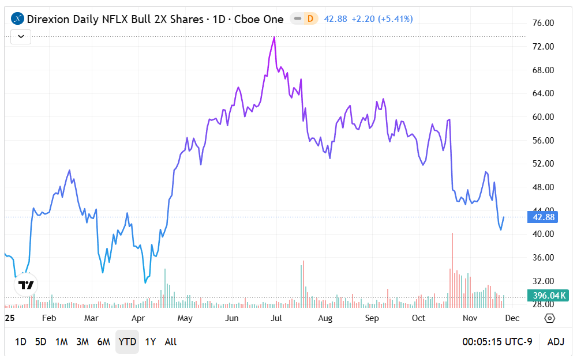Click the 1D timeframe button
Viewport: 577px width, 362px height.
point(20,342)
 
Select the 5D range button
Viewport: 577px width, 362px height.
point(40,342)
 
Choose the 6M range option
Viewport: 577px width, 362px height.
point(103,342)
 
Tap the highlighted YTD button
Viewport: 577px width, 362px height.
point(127,342)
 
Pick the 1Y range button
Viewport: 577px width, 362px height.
point(151,342)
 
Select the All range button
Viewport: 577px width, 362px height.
point(171,342)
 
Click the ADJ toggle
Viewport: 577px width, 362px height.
point(556,342)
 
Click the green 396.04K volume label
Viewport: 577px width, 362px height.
point(549,296)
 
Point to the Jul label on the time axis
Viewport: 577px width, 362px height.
point(276,318)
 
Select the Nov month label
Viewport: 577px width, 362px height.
point(470,318)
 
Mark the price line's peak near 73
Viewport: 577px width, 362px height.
point(274,37)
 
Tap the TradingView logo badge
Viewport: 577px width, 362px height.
point(26,285)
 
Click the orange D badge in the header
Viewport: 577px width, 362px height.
point(310,19)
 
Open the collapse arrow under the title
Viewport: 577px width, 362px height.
point(21,36)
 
